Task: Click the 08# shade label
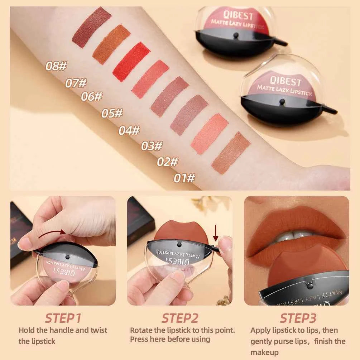click(56, 66)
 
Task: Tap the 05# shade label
click(112, 114)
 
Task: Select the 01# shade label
click(184, 178)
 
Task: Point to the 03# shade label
click(152, 146)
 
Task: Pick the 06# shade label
click(91, 97)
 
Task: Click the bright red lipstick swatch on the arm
click(131, 62)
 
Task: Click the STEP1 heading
click(63, 318)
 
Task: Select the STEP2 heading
click(180, 318)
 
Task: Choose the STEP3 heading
click(298, 318)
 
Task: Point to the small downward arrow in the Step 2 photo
click(216, 232)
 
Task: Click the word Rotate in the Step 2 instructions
click(141, 330)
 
